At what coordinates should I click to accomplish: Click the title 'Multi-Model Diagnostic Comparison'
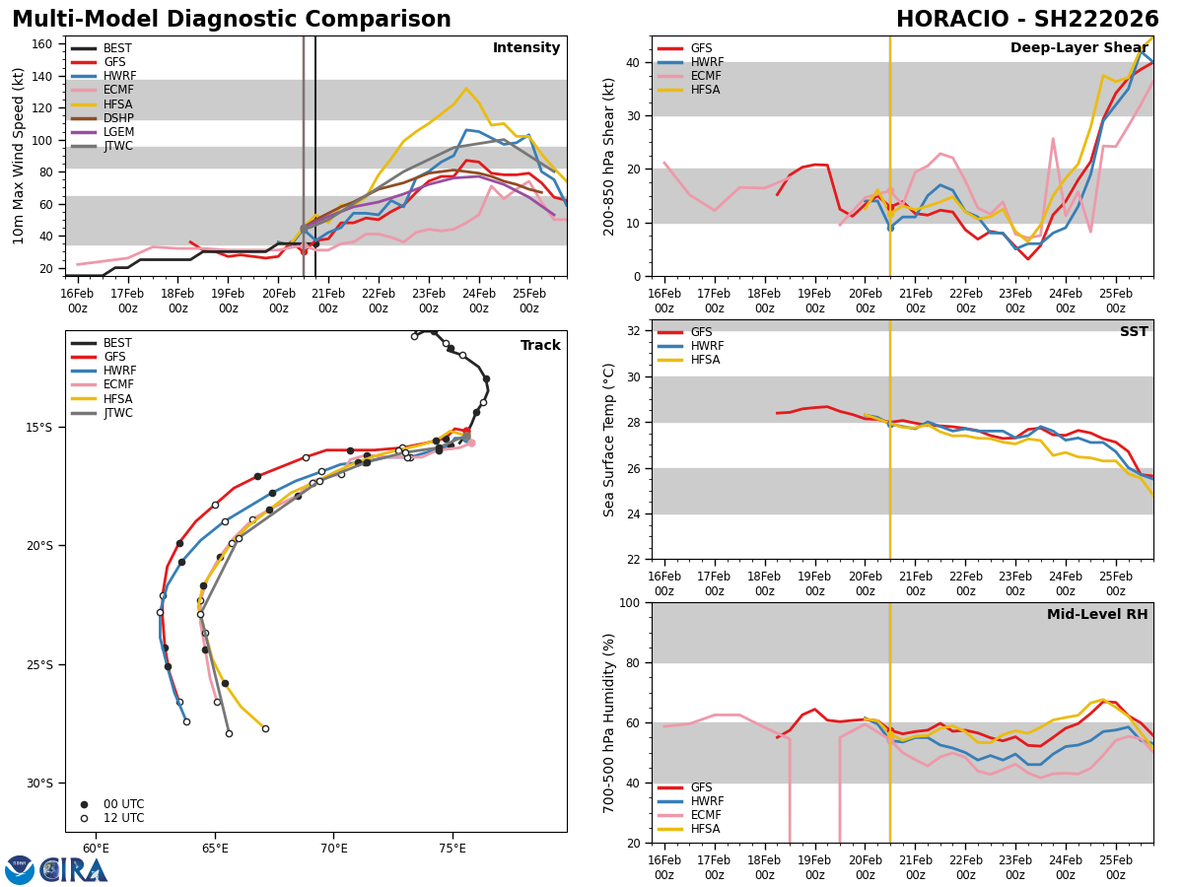pyautogui.click(x=232, y=20)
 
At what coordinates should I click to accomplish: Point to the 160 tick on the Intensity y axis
pyautogui.click(x=43, y=44)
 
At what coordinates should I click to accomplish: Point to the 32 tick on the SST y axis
pyautogui.click(x=635, y=331)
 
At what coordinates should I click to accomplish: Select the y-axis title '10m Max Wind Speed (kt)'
pyautogui.click(x=17, y=156)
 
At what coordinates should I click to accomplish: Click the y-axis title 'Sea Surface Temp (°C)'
pyautogui.click(x=610, y=440)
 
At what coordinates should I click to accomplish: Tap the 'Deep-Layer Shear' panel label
pyautogui.click(x=1079, y=48)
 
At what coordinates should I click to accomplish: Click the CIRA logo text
pyautogui.click(x=75, y=869)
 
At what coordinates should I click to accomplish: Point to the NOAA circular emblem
pyautogui.click(x=20, y=869)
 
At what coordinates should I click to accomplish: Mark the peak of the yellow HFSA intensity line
pyautogui.click(x=466, y=89)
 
